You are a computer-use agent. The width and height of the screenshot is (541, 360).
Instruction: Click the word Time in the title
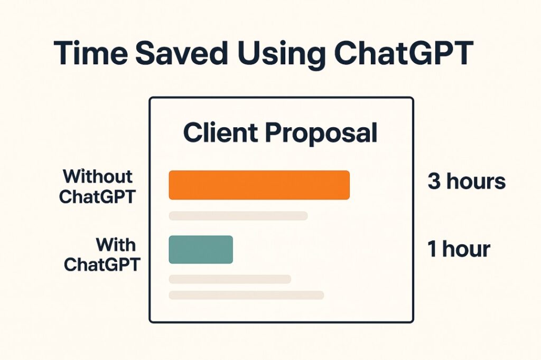91,53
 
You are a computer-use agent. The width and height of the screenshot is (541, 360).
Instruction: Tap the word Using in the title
281,55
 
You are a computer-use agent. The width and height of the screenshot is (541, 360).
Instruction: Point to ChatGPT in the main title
403,53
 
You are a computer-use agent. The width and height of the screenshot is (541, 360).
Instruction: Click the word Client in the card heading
220,132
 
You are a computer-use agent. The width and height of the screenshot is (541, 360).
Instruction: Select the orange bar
259,185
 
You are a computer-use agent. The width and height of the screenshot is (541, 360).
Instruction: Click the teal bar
201,249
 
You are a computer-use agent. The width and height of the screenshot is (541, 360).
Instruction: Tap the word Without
98,176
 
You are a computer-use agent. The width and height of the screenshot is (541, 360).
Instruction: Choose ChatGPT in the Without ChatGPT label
97,197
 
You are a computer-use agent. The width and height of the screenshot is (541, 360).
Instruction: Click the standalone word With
116,245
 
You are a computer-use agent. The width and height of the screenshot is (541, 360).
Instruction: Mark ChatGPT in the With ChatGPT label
102,265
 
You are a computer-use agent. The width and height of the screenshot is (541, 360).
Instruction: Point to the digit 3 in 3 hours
434,181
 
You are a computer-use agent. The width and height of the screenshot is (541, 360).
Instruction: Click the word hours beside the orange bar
476,181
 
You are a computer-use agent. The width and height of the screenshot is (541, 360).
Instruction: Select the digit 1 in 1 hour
431,249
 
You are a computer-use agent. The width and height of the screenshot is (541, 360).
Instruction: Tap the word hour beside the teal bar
466,249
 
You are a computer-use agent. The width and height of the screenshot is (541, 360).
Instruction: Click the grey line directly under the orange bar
238,216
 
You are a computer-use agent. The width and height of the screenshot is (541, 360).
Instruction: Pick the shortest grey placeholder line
230,279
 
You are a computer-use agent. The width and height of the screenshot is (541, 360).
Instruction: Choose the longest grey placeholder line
246,295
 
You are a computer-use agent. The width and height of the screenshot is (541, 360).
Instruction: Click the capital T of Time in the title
65,53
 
